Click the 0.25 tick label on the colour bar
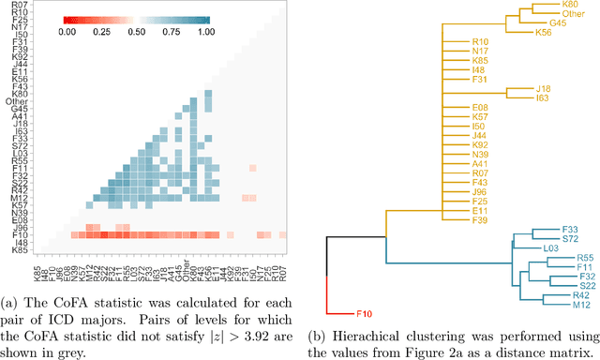[x=106, y=31]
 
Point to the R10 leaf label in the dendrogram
[x=480, y=41]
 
